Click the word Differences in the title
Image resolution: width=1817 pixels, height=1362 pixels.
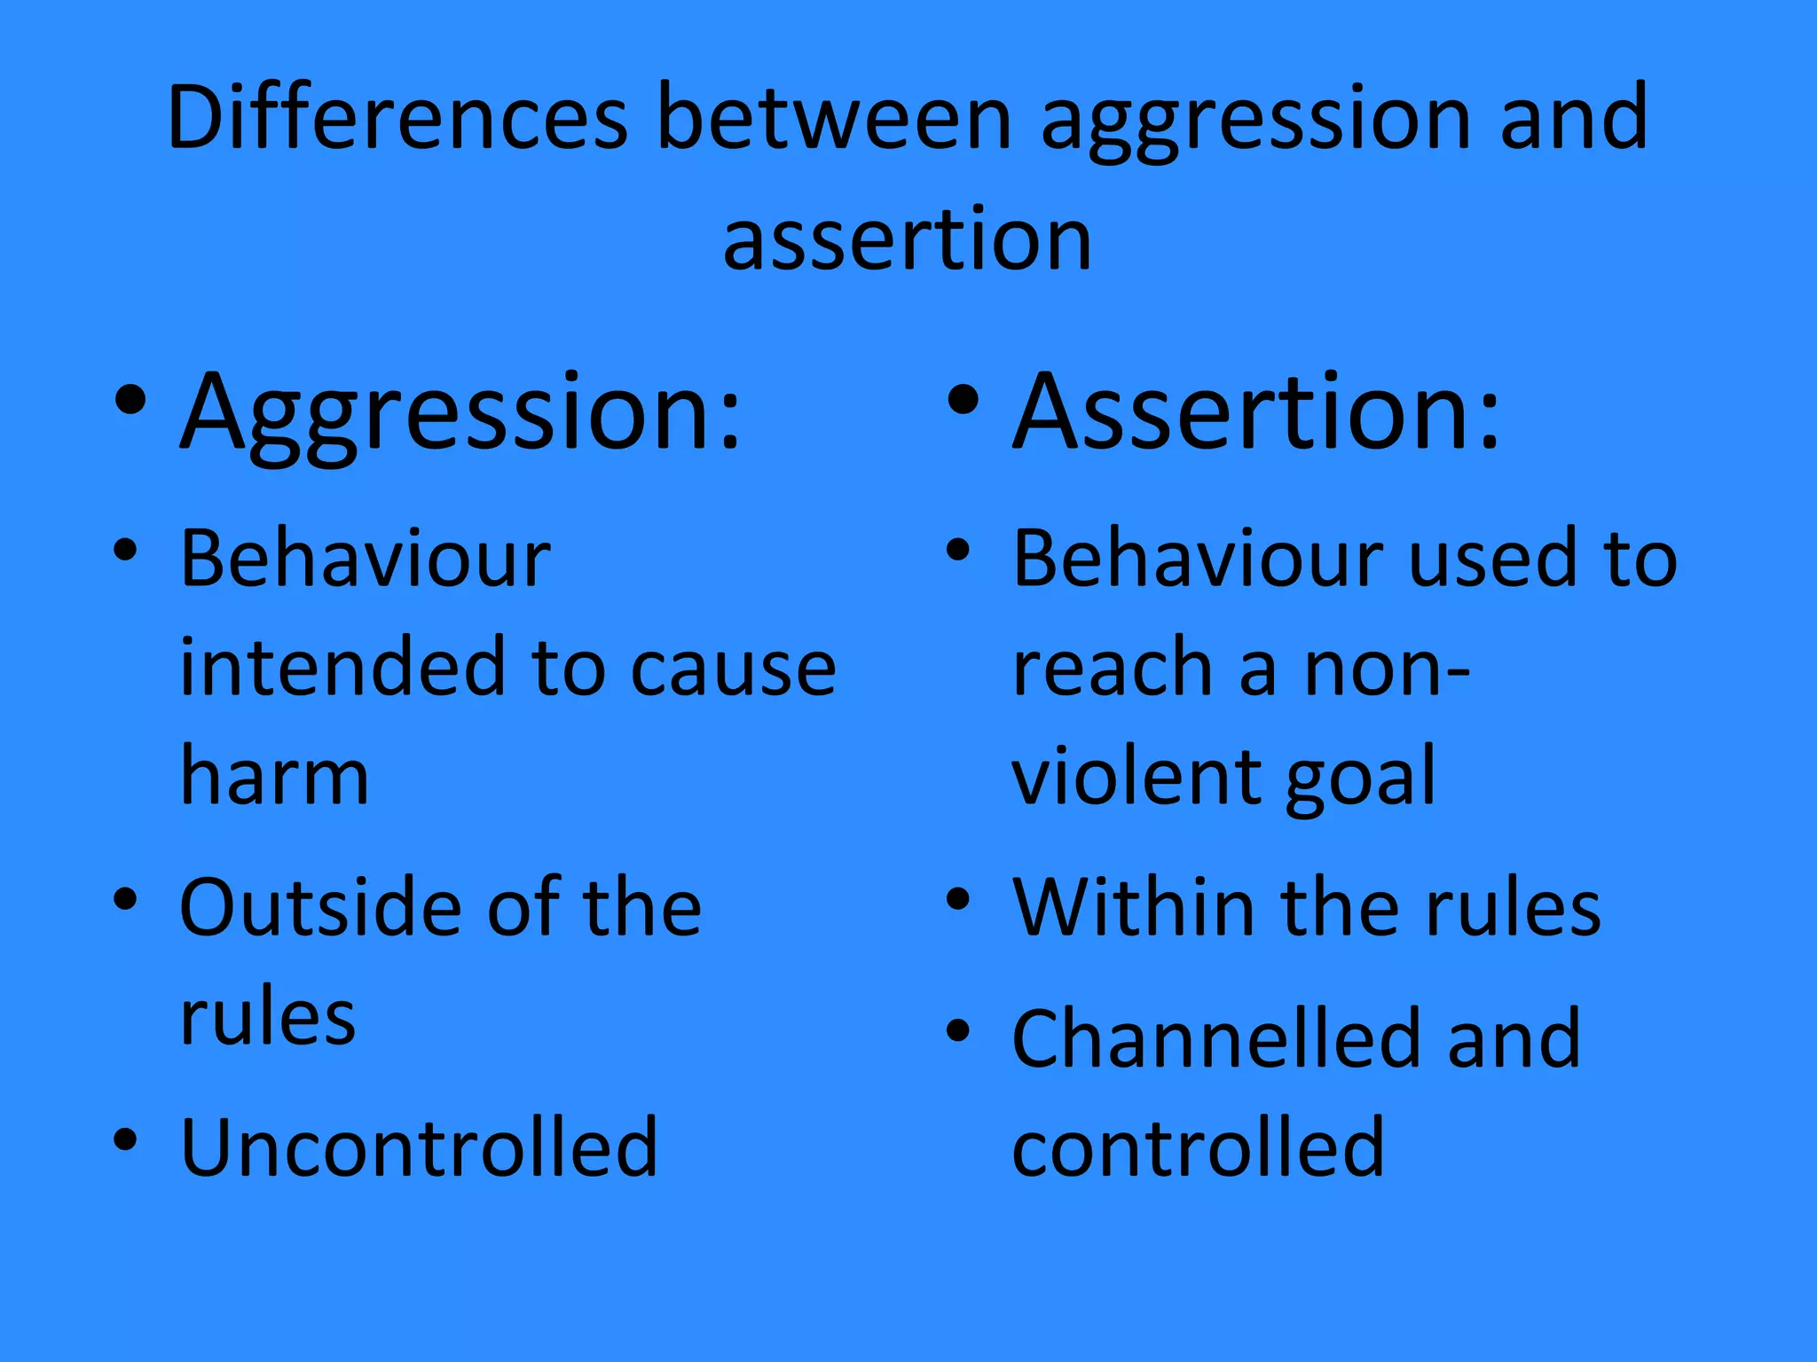[x=397, y=117]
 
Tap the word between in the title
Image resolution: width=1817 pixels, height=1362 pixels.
[x=834, y=117]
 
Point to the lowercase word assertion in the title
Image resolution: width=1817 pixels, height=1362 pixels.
[x=907, y=239]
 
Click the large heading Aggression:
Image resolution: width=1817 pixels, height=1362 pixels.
[x=460, y=415]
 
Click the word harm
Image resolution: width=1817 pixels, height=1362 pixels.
[x=274, y=777]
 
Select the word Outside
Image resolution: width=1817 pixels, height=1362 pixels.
[x=320, y=906]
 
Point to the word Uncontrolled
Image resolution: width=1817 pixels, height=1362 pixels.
[x=419, y=1147]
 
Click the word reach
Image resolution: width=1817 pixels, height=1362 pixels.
[x=1113, y=667]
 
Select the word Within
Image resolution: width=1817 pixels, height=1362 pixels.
[x=1132, y=906]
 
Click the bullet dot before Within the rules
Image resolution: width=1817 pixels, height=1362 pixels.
[x=957, y=899]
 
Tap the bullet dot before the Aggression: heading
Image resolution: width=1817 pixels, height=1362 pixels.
[x=130, y=401]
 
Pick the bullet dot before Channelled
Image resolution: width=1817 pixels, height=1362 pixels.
[x=957, y=1030]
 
